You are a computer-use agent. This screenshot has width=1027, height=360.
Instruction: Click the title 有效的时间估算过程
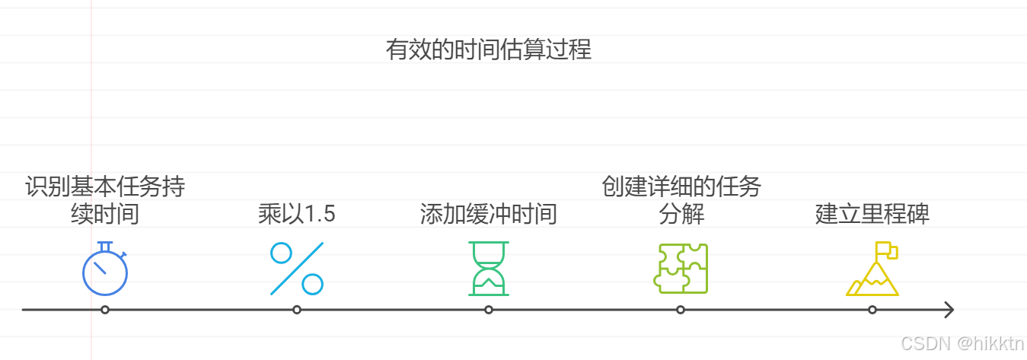tap(488, 50)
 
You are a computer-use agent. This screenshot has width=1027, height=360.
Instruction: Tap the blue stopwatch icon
tap(105, 269)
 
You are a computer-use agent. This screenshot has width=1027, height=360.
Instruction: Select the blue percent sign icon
tap(297, 269)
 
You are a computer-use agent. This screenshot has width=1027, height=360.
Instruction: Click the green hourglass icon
tap(488, 269)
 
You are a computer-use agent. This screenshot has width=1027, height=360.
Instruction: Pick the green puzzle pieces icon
tap(681, 269)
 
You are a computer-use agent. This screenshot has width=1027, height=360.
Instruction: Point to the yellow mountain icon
tap(872, 274)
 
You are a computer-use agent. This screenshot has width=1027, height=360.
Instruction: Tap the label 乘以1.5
tap(297, 214)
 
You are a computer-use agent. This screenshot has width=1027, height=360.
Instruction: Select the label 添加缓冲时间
tap(488, 214)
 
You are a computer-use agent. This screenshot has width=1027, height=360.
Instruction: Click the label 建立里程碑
tap(872, 214)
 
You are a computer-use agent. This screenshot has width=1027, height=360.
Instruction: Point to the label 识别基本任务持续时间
tap(105, 199)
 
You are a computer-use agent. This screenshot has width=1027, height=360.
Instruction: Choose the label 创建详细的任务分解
tap(681, 199)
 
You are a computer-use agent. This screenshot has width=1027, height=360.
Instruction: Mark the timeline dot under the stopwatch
tap(105, 310)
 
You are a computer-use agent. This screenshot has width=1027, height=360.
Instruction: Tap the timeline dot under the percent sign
tap(297, 310)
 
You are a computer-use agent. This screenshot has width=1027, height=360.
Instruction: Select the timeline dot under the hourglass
tap(489, 310)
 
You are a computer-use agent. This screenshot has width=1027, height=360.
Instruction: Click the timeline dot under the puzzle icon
tap(681, 310)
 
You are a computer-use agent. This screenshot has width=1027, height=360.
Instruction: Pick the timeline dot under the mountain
tap(872, 310)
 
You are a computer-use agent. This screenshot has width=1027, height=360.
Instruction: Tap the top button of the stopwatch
tap(105, 244)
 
